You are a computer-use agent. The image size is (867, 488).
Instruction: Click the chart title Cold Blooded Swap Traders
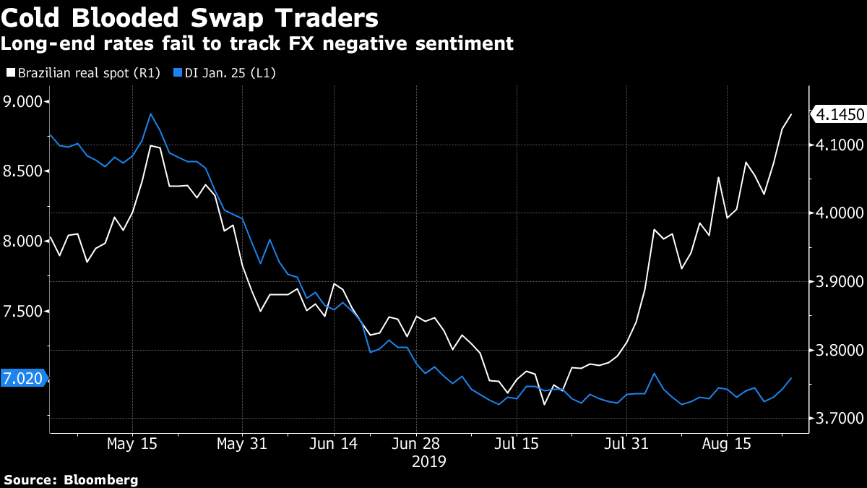[189, 17]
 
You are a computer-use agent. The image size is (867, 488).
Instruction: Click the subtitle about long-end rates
[257, 43]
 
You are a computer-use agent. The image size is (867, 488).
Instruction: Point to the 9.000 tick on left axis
[24, 101]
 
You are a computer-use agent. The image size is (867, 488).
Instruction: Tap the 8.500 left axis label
[24, 171]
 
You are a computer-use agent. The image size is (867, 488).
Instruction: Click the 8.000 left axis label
[24, 241]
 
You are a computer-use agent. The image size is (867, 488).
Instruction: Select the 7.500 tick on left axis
[24, 311]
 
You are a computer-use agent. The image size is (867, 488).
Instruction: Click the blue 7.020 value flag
[22, 377]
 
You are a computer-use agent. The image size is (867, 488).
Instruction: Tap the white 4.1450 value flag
[838, 114]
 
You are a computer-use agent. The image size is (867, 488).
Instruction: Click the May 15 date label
[132, 442]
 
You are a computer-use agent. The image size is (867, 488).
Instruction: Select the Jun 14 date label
[334, 442]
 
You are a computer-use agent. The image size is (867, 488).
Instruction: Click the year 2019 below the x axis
[429, 461]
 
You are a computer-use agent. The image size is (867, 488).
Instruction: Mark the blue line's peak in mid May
[150, 114]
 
